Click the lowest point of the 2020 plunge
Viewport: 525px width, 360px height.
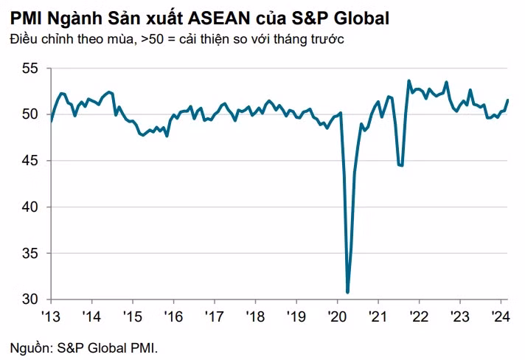pyautogui.click(x=348, y=292)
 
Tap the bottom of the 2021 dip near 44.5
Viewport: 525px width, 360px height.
pyautogui.click(x=401, y=165)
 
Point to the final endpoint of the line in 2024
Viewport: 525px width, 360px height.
pyautogui.click(x=507, y=100)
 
